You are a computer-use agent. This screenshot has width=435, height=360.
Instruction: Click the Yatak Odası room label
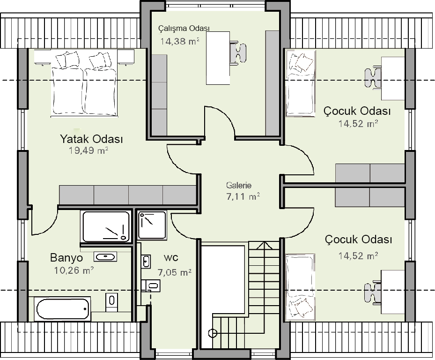(x=92, y=139)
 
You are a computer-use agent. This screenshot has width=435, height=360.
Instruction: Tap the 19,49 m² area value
(x=88, y=150)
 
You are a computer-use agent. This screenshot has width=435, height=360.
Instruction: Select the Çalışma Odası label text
(x=184, y=28)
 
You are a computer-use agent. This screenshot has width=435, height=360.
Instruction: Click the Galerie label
(x=239, y=185)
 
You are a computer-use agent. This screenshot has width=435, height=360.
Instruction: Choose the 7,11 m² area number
(x=243, y=197)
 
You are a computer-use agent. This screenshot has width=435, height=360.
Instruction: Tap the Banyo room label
(x=66, y=258)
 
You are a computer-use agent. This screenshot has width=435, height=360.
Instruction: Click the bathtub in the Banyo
(x=63, y=308)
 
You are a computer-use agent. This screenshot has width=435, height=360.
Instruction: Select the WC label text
(x=171, y=258)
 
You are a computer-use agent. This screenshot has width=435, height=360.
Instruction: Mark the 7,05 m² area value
(x=175, y=272)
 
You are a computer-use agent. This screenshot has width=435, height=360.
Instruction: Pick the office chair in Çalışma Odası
(x=238, y=52)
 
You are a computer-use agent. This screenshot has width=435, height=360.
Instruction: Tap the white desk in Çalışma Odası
(x=218, y=58)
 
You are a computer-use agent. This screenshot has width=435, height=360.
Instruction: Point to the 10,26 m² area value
(x=74, y=270)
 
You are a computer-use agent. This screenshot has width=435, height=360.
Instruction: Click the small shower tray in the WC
(x=152, y=225)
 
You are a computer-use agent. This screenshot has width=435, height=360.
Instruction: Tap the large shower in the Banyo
(x=106, y=226)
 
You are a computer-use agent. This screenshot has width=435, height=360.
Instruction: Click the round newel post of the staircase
(x=212, y=333)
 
